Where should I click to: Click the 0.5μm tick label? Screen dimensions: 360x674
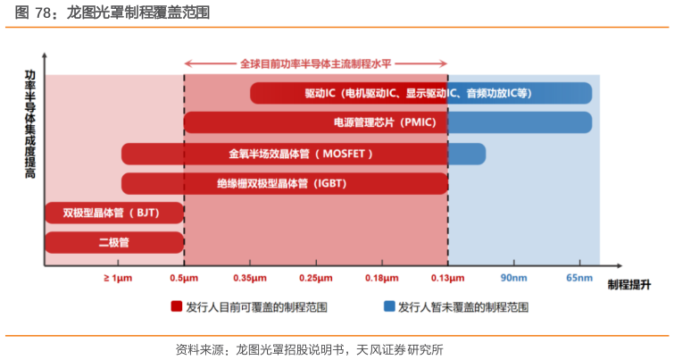[184, 279]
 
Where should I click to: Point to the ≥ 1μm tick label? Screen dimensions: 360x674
[117, 279]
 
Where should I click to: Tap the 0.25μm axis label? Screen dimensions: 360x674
[315, 279]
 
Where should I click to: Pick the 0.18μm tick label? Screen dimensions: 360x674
[382, 279]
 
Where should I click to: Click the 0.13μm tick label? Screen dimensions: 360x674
[447, 279]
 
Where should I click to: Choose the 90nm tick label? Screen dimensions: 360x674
[513, 279]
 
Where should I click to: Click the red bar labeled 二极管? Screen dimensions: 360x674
[113, 242]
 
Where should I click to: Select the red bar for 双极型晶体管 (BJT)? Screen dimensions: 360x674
[113, 213]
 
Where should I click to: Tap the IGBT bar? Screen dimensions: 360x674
[284, 183]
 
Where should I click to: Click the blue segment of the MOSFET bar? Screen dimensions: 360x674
[466, 154]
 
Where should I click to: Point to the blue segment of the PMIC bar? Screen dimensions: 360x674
[520, 122]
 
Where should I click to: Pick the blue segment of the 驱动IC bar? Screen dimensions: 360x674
[520, 93]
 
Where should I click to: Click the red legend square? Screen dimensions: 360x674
[177, 306]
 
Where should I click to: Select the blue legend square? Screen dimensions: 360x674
[389, 306]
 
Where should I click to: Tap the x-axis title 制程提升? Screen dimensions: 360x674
[628, 284]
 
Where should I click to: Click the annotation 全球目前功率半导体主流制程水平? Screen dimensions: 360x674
[316, 64]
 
